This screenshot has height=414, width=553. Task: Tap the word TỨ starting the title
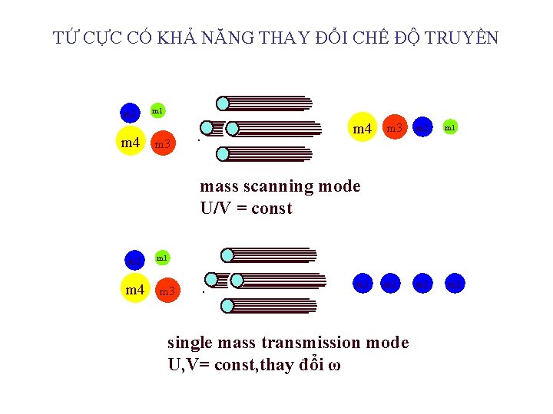64,38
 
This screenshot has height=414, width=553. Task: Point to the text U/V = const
246,209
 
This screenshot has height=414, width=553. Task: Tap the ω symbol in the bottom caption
334,365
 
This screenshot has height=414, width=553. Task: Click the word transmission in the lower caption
300,343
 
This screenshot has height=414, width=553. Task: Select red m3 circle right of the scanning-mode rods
394,127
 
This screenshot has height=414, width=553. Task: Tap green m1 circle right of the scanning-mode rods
450,127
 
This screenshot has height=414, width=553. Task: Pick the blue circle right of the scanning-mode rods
422,127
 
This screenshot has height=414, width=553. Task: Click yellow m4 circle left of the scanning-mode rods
131,143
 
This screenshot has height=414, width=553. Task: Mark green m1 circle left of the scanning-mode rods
157,112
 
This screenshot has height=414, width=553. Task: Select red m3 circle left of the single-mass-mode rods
167,291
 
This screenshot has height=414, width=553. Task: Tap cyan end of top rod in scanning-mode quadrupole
223,103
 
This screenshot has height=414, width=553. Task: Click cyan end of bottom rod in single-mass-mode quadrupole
227,306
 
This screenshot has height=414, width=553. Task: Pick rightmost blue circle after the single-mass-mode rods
455,284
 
